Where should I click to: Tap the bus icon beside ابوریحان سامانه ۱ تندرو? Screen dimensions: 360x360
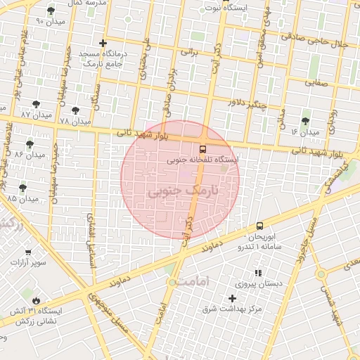(x=260, y=226)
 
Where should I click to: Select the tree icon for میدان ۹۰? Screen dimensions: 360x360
(x=51, y=11)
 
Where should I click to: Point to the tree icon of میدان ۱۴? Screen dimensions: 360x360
(x=305, y=121)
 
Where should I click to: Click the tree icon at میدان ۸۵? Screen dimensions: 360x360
(x=23, y=188)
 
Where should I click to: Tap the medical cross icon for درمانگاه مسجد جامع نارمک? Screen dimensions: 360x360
(x=103, y=43)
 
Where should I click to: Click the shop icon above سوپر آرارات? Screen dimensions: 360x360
(x=28, y=252)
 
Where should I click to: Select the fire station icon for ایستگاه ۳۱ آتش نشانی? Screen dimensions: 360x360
(x=36, y=300)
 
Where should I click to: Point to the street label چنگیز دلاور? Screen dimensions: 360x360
(x=248, y=103)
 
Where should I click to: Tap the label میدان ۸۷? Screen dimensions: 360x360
(x=35, y=114)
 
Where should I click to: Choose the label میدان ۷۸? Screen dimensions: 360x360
(x=75, y=121)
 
